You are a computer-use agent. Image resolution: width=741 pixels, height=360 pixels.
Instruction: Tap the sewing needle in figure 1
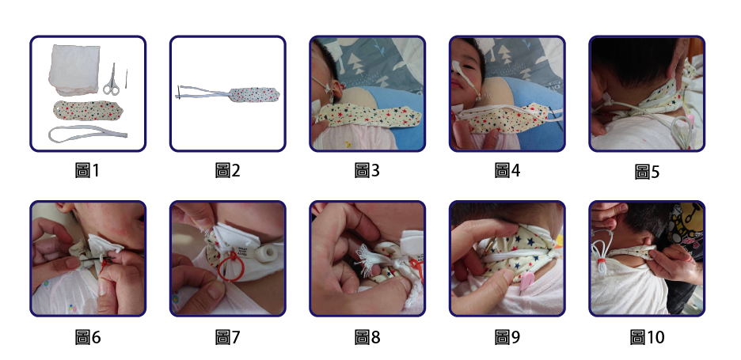[126, 78]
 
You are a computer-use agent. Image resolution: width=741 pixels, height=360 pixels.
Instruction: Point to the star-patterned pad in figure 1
[88, 110]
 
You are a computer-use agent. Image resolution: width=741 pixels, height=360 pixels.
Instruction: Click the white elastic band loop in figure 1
[88, 134]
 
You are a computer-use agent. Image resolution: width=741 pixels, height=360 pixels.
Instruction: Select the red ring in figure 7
[230, 266]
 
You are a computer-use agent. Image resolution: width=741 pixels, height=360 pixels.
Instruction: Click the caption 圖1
[87, 171]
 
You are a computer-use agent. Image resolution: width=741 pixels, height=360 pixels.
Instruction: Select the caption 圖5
[647, 172]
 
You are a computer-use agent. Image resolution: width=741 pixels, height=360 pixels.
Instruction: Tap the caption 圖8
[367, 337]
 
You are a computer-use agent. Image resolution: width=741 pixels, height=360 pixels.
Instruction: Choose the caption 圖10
[647, 337]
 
